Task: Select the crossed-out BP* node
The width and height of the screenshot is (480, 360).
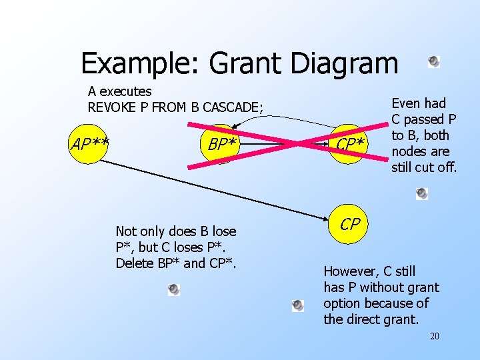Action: (221, 144)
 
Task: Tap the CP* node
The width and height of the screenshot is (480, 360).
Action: (349, 144)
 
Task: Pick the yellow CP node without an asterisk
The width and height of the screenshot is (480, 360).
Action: (350, 225)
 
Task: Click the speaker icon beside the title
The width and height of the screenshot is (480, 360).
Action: (433, 61)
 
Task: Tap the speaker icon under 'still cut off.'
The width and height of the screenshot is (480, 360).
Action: (421, 193)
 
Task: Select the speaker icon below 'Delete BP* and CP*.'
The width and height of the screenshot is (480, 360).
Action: (173, 289)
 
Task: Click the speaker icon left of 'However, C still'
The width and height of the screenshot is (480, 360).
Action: (298, 305)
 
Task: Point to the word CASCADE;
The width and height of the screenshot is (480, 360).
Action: (230, 107)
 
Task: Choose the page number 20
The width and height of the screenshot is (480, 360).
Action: (434, 336)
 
